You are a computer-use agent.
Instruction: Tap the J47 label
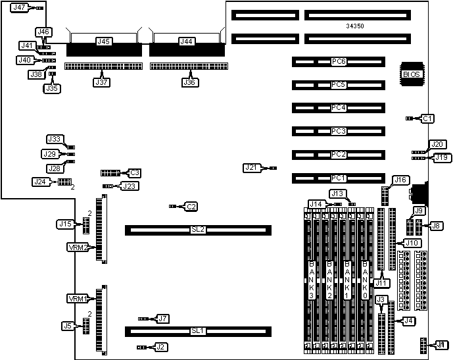point(20,8)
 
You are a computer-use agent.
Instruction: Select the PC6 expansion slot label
point(339,62)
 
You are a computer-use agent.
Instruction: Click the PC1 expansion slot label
point(339,178)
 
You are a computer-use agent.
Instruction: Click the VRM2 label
point(78,247)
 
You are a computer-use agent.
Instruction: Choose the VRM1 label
point(78,299)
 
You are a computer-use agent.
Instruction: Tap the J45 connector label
point(103,41)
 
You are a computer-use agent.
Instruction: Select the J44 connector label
point(187,41)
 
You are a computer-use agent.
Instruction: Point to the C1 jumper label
point(428,118)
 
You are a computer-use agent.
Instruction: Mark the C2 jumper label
point(191,207)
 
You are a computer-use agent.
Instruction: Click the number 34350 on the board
point(356,26)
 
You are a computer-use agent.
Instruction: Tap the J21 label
point(252,167)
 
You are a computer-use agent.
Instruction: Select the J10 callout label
point(412,243)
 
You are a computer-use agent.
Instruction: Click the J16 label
point(400,180)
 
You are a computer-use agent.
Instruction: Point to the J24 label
point(41,181)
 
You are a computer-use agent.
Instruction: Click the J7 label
point(163,319)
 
